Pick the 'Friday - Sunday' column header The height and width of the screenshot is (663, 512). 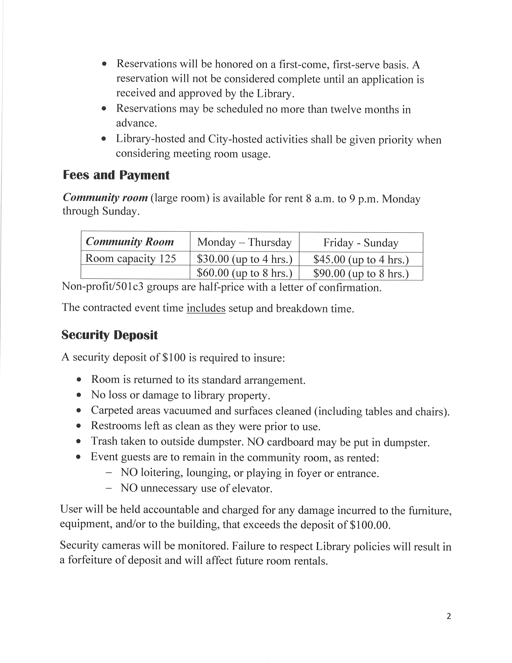(361, 243)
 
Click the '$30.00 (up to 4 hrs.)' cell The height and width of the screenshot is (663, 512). (245, 259)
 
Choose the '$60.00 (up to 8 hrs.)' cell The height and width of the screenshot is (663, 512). (245, 273)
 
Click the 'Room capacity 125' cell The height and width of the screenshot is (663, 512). (131, 258)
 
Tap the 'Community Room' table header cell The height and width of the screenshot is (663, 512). (130, 242)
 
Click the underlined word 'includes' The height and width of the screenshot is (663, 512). (206, 308)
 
